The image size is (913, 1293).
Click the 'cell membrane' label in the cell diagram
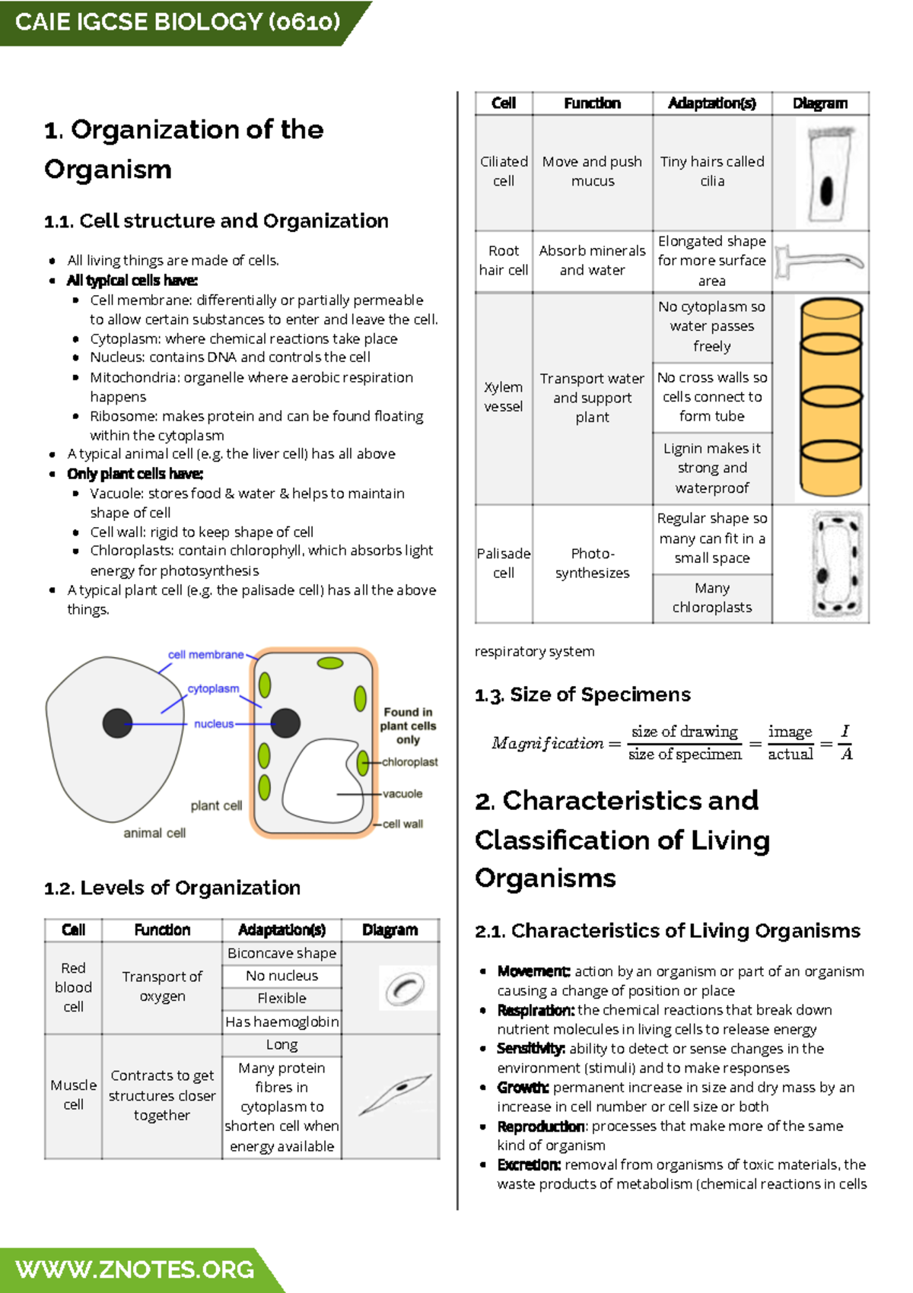click(x=205, y=654)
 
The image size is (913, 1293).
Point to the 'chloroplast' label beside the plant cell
click(x=409, y=762)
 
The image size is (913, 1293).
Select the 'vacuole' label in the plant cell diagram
click(x=402, y=793)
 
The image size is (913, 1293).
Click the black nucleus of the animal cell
click(x=118, y=723)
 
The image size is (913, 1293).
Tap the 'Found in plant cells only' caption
click(x=408, y=726)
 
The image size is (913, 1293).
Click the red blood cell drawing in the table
click(x=405, y=988)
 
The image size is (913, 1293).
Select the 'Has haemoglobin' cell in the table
click(x=282, y=1021)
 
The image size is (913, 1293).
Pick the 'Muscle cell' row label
click(x=73, y=1094)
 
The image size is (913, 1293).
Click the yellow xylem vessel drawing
click(x=831, y=397)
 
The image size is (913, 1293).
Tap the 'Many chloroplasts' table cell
click(x=712, y=598)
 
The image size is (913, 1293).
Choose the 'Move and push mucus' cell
click(x=592, y=171)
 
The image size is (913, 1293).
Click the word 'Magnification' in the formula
click(x=547, y=743)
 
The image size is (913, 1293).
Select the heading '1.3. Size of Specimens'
click(x=583, y=694)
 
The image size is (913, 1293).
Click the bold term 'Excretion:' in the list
click(x=529, y=1164)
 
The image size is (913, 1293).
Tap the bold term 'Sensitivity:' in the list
click(x=530, y=1049)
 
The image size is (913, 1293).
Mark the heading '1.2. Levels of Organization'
click(x=173, y=888)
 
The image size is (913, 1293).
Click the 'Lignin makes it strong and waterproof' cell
click(x=712, y=468)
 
